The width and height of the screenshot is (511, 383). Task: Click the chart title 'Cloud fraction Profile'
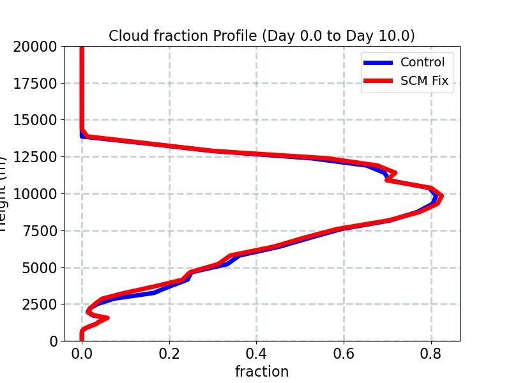coord(261,36)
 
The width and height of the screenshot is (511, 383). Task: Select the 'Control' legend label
coord(422,63)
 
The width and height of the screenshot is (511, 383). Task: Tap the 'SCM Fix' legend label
coord(424,81)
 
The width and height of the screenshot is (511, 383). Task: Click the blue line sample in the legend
coord(378,63)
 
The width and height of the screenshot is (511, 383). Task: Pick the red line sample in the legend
coord(378,81)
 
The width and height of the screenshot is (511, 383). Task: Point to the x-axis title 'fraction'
coord(262,372)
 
